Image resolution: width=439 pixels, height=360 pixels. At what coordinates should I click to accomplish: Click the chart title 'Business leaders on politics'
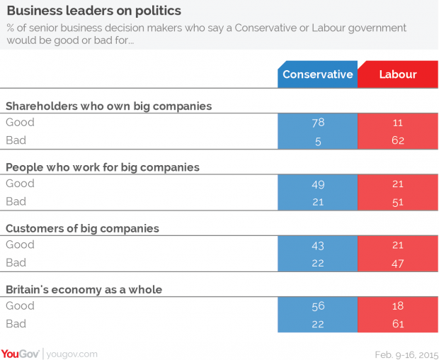point(93,11)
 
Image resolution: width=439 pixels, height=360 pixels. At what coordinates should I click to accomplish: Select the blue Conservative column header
point(317,74)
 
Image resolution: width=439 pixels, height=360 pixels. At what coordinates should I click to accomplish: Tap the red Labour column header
point(397,74)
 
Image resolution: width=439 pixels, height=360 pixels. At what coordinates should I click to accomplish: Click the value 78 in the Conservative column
point(317,123)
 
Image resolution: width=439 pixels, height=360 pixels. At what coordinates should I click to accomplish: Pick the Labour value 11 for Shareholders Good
point(397,123)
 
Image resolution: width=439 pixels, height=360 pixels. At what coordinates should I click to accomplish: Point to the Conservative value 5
point(317,140)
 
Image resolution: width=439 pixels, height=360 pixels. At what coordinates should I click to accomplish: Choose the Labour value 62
point(397,140)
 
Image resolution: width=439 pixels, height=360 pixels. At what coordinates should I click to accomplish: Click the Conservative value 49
point(317,184)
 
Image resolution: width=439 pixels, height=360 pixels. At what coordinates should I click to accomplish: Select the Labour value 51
point(397,202)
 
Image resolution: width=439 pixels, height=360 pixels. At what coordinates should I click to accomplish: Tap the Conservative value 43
point(317,245)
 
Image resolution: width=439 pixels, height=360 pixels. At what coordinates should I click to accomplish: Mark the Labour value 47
point(397,263)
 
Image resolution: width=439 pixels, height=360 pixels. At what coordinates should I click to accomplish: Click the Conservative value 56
point(317,306)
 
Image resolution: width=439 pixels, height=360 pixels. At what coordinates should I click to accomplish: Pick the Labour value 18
point(397,306)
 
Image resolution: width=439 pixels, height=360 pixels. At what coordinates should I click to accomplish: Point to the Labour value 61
point(397,324)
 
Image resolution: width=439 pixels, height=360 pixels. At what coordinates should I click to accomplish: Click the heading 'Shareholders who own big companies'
point(109,106)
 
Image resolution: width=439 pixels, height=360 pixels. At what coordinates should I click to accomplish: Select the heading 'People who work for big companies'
point(103,167)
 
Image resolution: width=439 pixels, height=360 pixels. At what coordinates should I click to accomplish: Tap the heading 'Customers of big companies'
point(82,228)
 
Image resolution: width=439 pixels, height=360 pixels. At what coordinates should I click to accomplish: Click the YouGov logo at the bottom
point(20,352)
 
